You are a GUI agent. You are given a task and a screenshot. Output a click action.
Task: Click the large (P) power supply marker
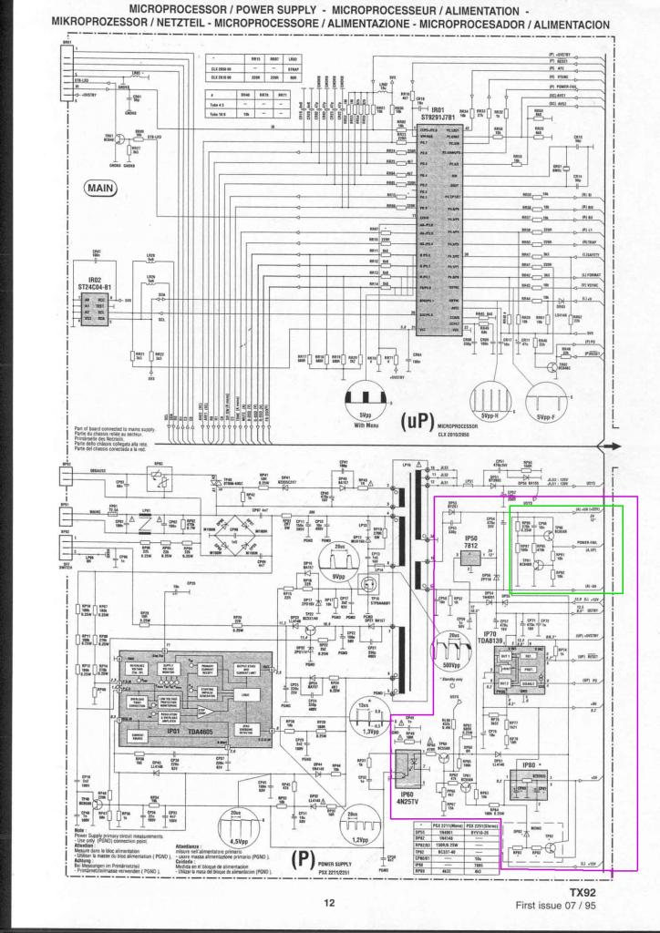coord(301,859)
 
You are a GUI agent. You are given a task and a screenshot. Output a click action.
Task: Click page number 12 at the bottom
coord(329,904)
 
